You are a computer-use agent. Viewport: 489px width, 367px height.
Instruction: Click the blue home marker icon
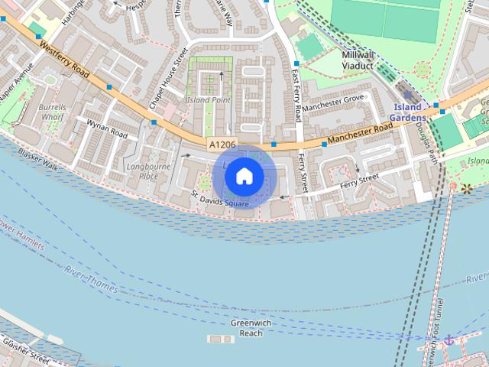pyautogui.click(x=244, y=176)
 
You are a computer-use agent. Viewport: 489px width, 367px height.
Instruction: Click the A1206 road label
pyautogui.click(x=222, y=144)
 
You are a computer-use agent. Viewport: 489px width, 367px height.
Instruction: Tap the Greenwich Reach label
pyautogui.click(x=251, y=328)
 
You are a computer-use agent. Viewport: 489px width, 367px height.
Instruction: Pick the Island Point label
pyautogui.click(x=209, y=100)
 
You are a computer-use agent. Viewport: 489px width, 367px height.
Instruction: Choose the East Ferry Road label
pyautogui.click(x=296, y=96)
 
